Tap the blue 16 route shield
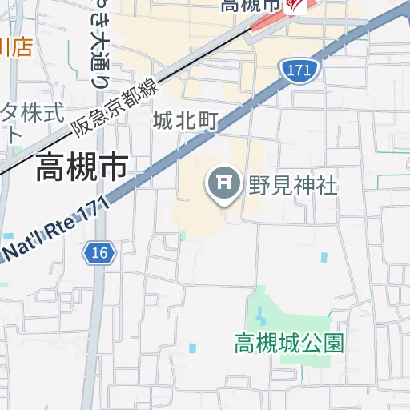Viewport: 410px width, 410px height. pos(98,253)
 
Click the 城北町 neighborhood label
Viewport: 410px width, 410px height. pos(186,120)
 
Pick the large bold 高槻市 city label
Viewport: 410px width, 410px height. pos(81,167)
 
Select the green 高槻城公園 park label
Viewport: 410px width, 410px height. pos(289,344)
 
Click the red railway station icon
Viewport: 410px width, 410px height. pos(294,6)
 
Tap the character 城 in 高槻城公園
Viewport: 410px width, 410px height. pos(289,344)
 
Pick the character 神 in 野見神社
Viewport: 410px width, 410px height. pos(301,186)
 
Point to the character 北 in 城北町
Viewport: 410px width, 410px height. pos(186,120)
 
